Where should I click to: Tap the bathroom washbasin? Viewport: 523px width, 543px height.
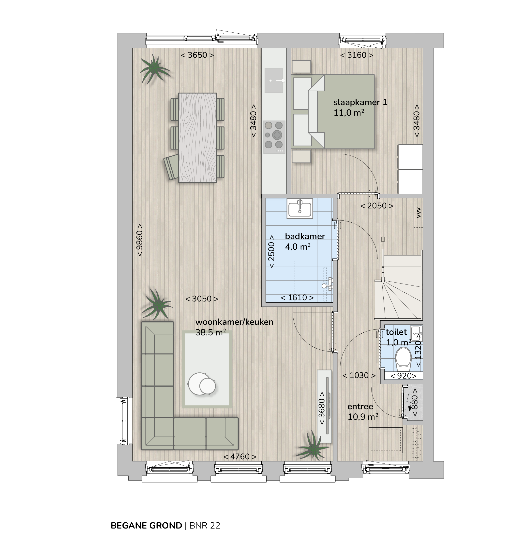300,208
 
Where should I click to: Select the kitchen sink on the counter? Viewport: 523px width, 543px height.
274,80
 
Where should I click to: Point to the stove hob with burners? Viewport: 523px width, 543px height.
274,137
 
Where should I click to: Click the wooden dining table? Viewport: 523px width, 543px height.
197,137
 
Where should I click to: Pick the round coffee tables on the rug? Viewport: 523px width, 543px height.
202,384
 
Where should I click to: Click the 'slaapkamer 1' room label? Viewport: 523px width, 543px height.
360,102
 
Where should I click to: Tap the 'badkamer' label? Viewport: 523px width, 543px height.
305,236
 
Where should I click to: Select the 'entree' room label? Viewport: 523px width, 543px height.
360,407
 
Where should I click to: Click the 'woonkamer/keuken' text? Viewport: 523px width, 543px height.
234,322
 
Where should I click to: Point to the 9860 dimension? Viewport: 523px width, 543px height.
139,240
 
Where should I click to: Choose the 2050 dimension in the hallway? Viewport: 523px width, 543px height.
377,205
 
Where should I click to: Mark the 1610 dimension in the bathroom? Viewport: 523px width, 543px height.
297,298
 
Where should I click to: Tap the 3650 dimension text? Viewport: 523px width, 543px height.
197,55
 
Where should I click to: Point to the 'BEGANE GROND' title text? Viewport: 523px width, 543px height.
146,526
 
